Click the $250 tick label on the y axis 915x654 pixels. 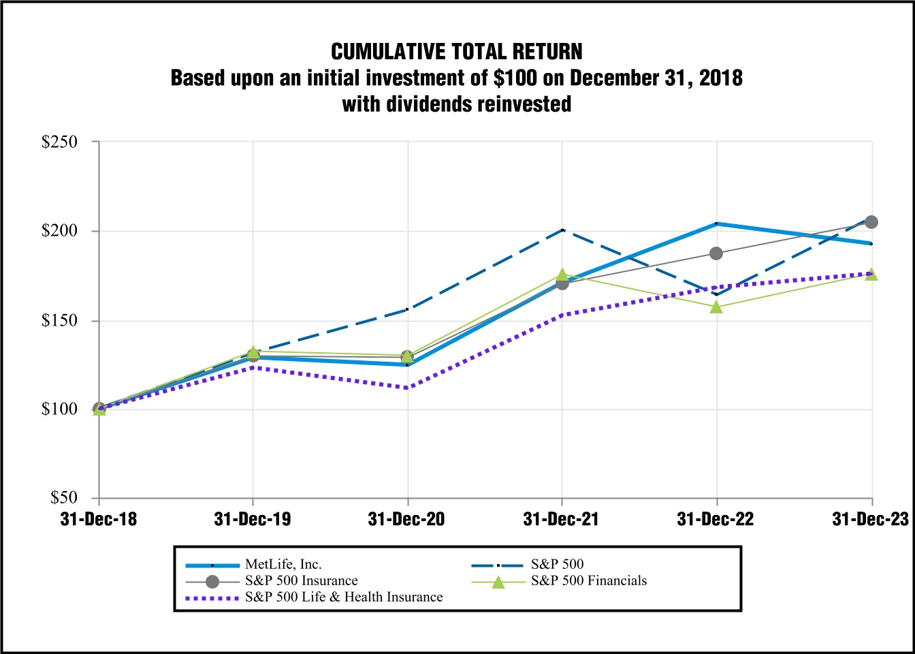pyautogui.click(x=59, y=142)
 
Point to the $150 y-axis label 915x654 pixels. pyautogui.click(x=59, y=320)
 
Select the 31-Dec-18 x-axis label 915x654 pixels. pyautogui.click(x=99, y=519)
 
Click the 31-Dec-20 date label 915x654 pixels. pyautogui.click(x=406, y=519)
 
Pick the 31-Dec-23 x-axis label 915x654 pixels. pyautogui.click(x=870, y=519)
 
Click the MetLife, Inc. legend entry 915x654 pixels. pyautogui.click(x=283, y=564)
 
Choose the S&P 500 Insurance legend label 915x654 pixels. pyautogui.click(x=301, y=580)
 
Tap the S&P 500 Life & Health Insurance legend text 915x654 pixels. pyautogui.click(x=344, y=597)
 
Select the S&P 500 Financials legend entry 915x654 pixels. pyautogui.click(x=589, y=580)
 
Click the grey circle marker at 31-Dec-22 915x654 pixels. pyautogui.click(x=716, y=253)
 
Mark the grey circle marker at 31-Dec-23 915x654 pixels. pyautogui.click(x=871, y=222)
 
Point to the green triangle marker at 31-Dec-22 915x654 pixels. pyautogui.click(x=716, y=307)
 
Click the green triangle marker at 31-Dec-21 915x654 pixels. pyautogui.click(x=562, y=275)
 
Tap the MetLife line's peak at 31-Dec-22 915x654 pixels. pyautogui.click(x=716, y=223)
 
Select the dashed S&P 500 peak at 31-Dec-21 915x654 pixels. pyautogui.click(x=562, y=230)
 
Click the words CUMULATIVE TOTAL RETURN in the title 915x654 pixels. pyautogui.click(x=457, y=52)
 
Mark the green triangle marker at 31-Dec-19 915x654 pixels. pyautogui.click(x=253, y=352)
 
